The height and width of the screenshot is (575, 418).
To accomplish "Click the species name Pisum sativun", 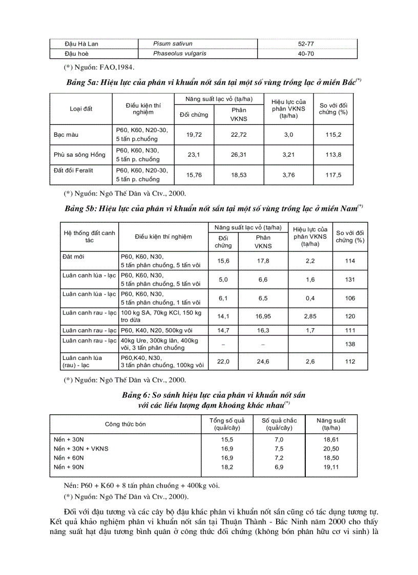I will pos(173,44).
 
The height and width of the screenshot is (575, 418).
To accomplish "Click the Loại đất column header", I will pos(81,109).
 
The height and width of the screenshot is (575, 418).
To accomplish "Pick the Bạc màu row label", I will pos(66,135).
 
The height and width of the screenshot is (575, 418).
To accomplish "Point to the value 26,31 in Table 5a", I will pos(239,155).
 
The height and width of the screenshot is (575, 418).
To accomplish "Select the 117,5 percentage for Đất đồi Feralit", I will pos(333,175).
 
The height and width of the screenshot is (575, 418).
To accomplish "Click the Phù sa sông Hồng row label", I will pos(79,155).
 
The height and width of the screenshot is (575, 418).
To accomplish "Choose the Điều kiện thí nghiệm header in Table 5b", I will pos(163,237).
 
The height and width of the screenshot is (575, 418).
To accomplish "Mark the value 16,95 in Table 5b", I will pos(263,316).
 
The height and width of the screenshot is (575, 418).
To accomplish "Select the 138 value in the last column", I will pos(350,344).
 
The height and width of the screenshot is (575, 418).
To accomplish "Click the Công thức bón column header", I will pos(126,424).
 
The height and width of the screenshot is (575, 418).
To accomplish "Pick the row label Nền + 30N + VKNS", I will pos(81,449).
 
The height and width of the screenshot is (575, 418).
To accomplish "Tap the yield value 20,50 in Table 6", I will pos(332,449).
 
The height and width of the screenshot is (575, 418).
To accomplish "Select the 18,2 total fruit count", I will pos(227,467).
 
